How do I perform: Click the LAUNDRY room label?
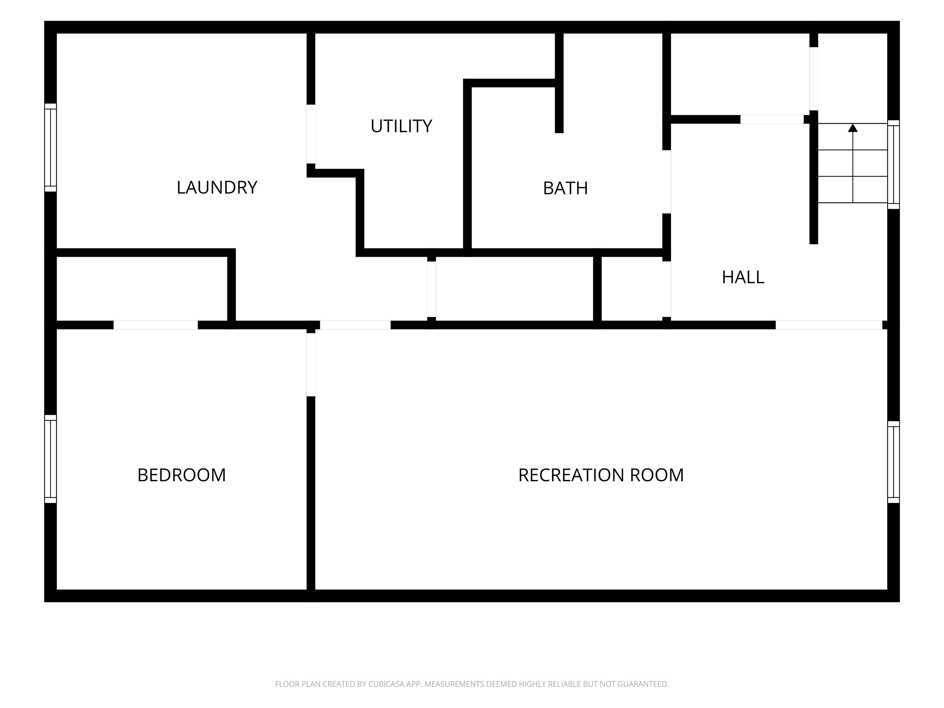pos(217,187)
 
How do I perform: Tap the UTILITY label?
pos(401,126)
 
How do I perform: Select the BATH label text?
pos(565,188)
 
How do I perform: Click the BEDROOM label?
pos(181,475)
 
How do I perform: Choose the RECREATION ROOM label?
pos(601,475)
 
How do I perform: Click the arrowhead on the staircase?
pos(853,128)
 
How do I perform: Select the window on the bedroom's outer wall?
pos(50,459)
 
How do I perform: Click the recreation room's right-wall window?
pos(894,462)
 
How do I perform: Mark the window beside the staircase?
pos(894,164)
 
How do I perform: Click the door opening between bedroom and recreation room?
pos(311,364)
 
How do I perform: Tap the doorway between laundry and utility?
pos(311,134)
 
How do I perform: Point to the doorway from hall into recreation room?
pos(829,325)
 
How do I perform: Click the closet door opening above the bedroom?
pos(155,325)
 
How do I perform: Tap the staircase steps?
pos(853,163)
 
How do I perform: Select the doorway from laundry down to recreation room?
pos(355,325)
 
